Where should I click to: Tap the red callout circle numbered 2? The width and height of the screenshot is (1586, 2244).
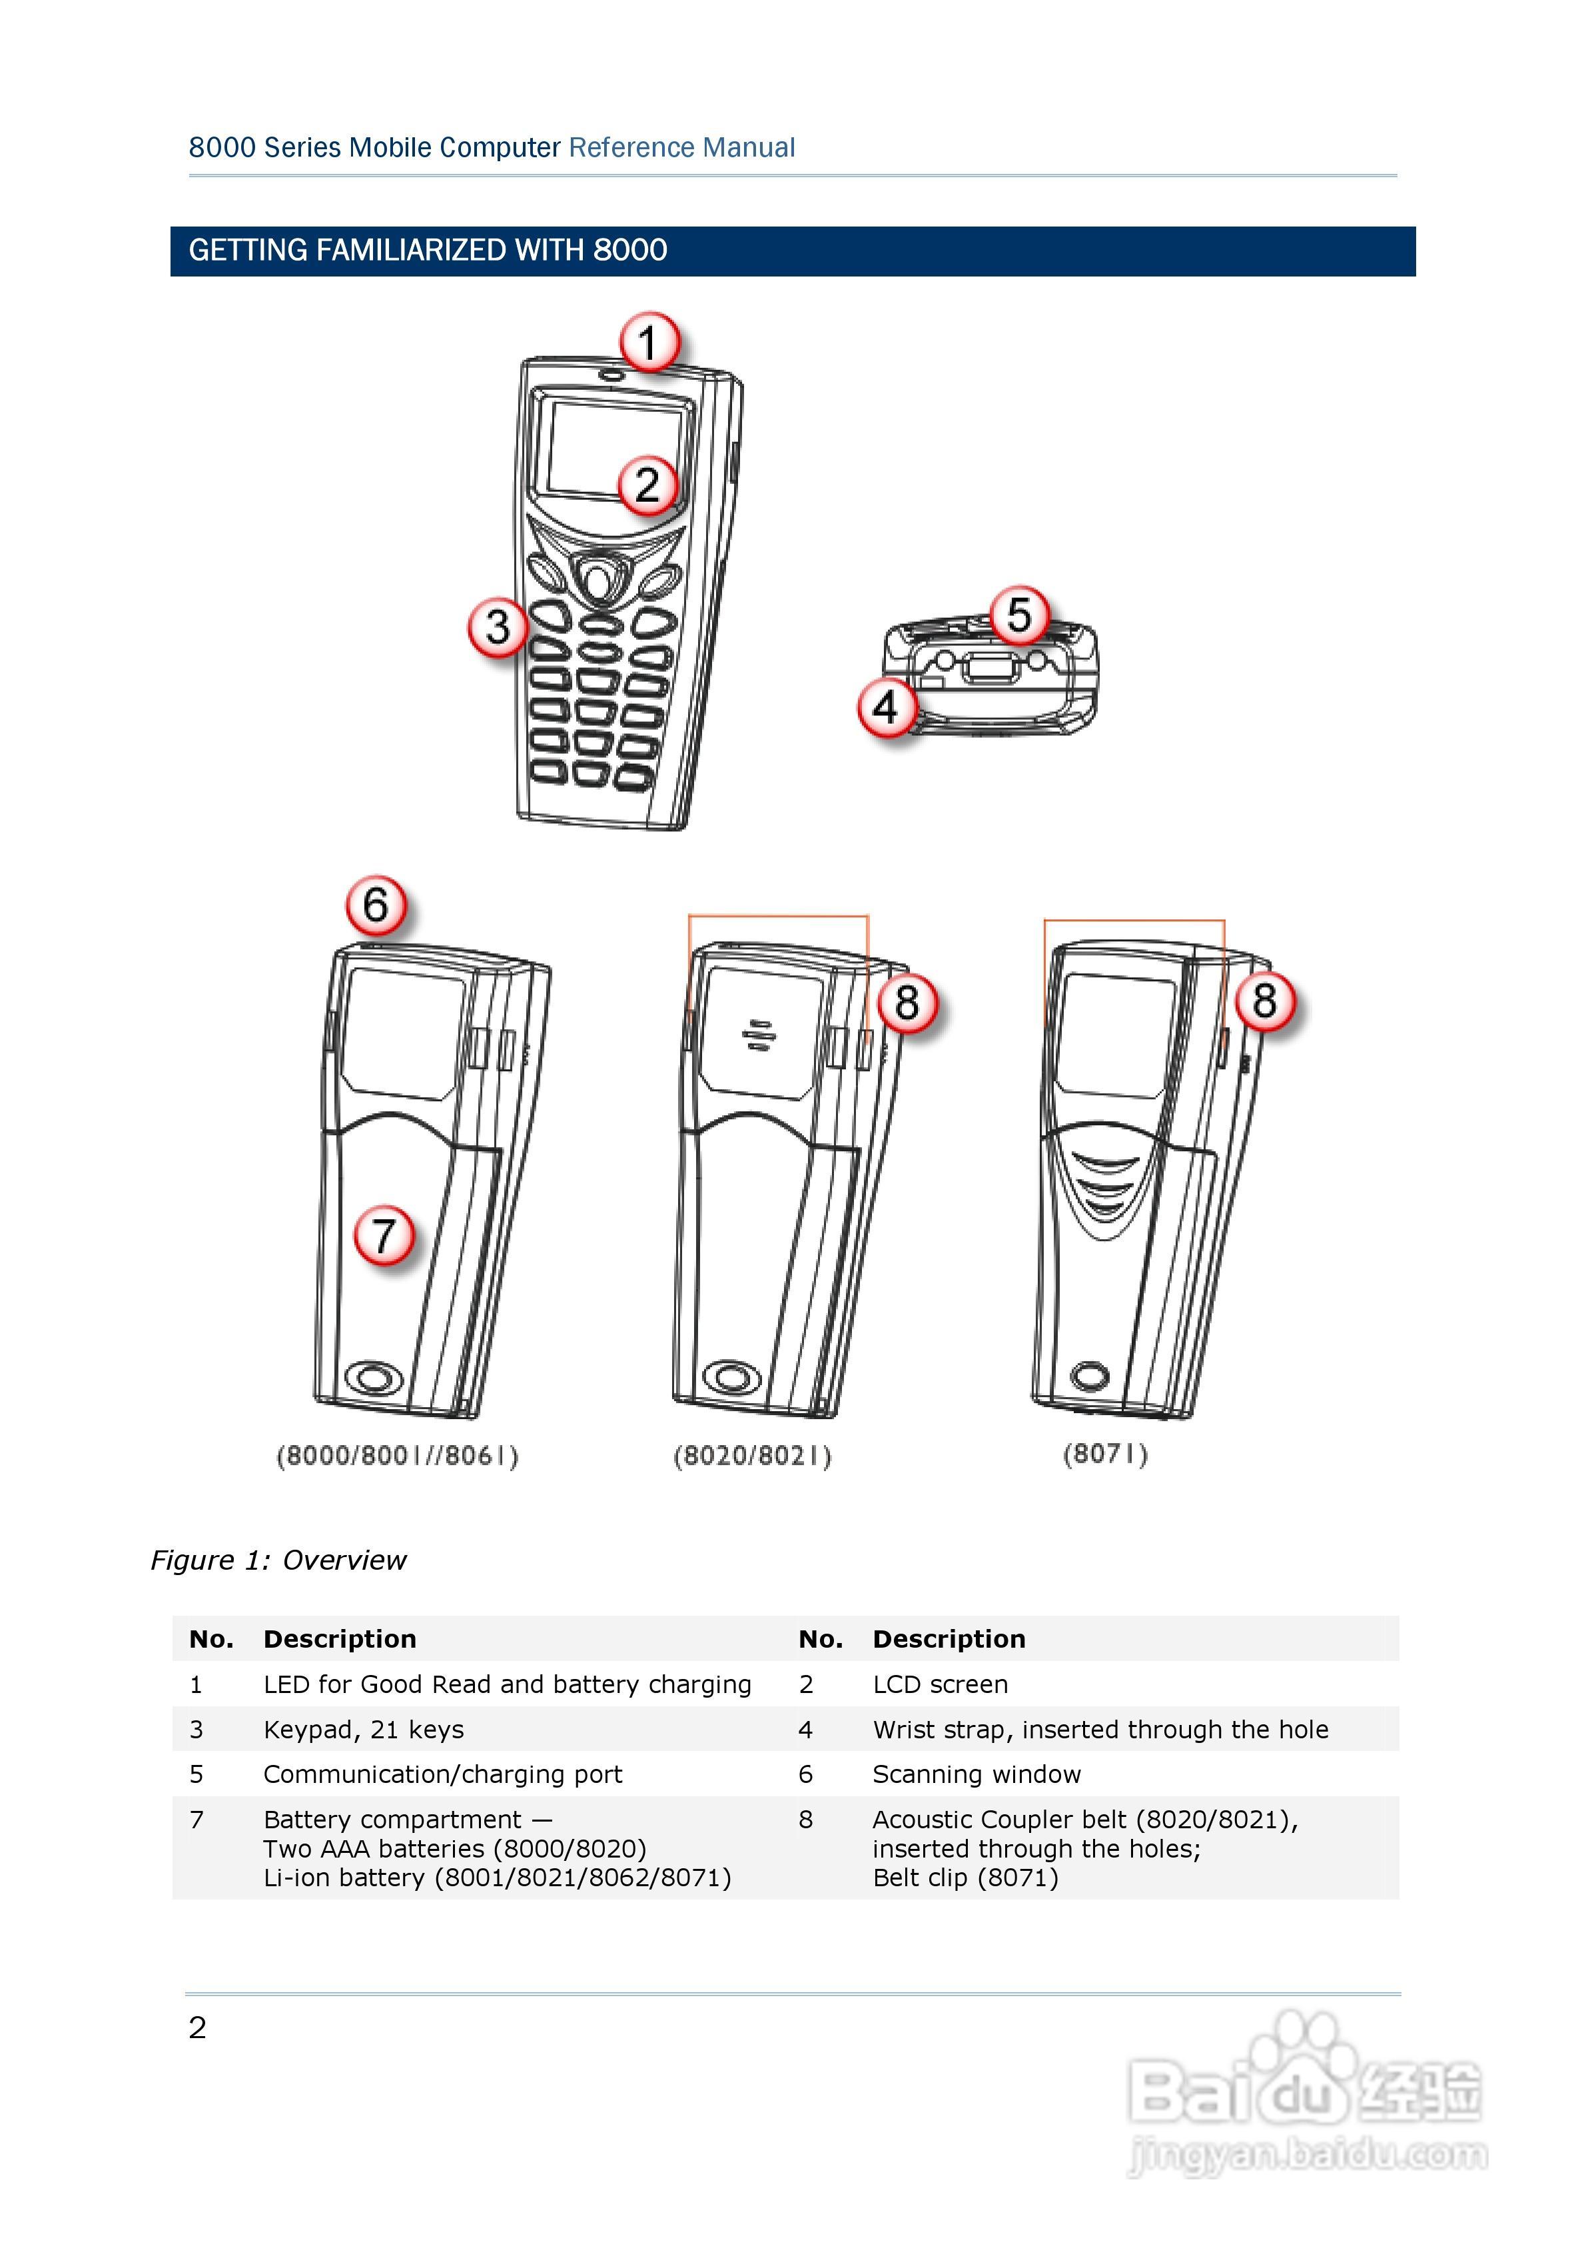tap(647, 485)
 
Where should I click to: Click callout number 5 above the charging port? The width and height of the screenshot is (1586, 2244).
tap(1019, 615)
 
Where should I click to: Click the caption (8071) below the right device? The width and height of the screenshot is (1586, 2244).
tap(1105, 1453)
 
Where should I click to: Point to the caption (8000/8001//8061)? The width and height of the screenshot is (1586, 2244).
tap(397, 1455)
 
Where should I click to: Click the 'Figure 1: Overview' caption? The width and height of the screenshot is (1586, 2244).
tap(278, 1560)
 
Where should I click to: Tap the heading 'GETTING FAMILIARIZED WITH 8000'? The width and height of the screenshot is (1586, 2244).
tap(428, 251)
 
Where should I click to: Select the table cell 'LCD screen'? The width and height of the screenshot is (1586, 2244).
tap(940, 1684)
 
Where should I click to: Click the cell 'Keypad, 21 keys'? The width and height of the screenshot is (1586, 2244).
tap(364, 1729)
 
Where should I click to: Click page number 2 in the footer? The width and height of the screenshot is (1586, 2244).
tap(197, 2028)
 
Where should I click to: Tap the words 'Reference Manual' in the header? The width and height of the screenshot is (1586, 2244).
tap(682, 148)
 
